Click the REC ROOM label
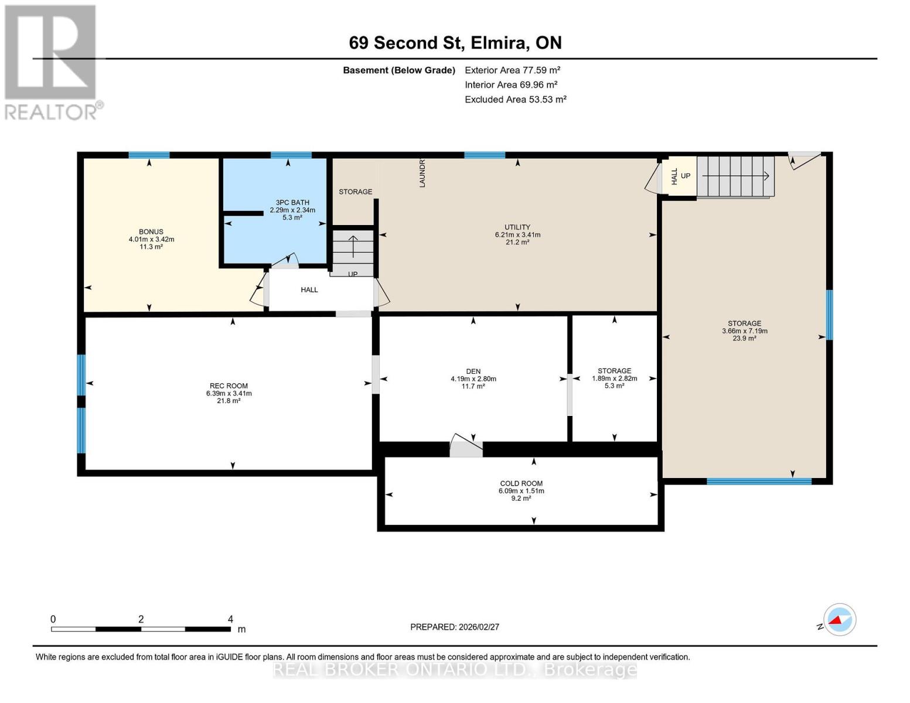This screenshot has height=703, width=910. [x=229, y=385]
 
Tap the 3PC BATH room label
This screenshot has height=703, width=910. [x=292, y=203]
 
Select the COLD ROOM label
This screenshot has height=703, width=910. [x=521, y=483]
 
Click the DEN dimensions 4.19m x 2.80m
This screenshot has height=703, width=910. [x=473, y=379]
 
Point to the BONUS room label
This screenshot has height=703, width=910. [x=151, y=232]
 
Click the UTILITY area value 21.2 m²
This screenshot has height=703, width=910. [x=517, y=242]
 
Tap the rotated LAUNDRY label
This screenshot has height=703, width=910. [x=422, y=173]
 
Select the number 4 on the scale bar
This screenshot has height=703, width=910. [x=230, y=619]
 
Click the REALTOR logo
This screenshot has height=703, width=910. [x=52, y=62]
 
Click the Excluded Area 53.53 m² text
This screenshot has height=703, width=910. [x=515, y=100]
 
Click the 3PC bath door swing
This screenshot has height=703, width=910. [x=287, y=261]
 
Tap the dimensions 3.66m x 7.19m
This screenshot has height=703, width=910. [x=744, y=331]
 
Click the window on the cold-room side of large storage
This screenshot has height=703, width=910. [x=759, y=482]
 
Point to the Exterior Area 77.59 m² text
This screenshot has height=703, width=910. [x=512, y=70]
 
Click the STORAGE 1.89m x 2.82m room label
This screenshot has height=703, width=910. [x=614, y=371]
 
